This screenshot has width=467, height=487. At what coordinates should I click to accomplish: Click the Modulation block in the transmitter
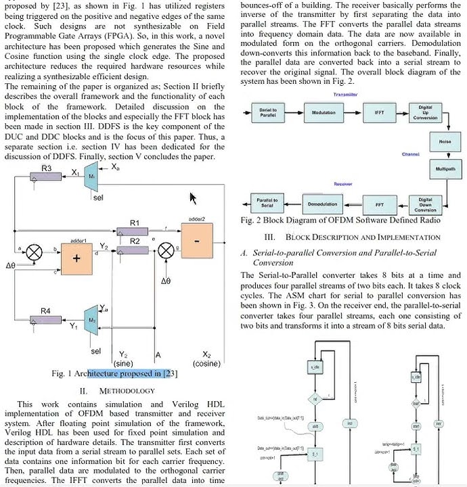pos(323,112)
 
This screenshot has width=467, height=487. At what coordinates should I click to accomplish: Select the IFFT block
pos(378,112)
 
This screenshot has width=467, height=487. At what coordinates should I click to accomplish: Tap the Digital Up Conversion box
pos(426,112)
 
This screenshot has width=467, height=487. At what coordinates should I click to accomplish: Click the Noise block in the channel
pos(445,141)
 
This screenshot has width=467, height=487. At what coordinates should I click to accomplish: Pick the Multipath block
pos(445,168)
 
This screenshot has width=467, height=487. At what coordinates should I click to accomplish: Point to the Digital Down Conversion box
pos(426,204)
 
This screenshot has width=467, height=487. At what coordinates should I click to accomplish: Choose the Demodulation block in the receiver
pos(322,204)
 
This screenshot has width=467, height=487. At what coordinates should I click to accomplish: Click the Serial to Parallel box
pos(267,112)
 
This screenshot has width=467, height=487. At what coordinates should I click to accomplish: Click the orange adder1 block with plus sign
pos(76,258)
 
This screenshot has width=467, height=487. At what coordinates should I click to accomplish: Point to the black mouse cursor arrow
pos(194,198)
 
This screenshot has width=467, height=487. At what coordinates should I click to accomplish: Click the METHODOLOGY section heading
pos(118,390)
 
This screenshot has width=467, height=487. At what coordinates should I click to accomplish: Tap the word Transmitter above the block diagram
pos(346,95)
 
